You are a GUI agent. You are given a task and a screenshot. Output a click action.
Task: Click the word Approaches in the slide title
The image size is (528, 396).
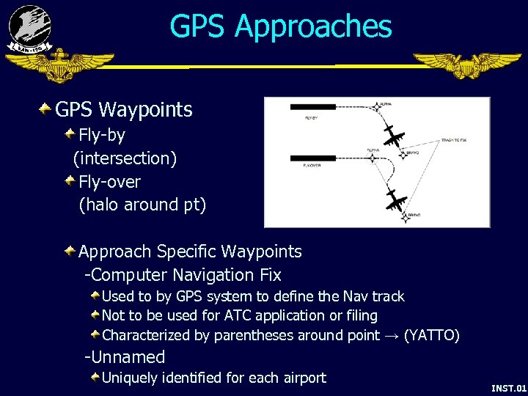313,26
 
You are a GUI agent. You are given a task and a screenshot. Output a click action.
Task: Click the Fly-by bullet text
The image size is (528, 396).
102,135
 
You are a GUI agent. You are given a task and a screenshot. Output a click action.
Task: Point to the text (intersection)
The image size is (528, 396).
125,158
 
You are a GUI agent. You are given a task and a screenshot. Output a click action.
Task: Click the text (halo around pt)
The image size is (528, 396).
142,205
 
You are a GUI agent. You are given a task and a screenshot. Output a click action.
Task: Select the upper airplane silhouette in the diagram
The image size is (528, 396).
394,136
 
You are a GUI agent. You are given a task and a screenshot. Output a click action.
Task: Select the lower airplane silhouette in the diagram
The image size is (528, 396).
397,199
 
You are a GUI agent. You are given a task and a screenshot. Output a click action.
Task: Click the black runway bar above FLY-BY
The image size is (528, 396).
313,107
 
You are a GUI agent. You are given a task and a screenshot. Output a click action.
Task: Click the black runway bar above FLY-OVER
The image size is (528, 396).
313,157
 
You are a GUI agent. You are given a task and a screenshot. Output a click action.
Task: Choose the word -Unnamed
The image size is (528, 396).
125,357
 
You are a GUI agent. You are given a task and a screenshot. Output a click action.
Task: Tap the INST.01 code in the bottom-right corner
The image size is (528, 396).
508,387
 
